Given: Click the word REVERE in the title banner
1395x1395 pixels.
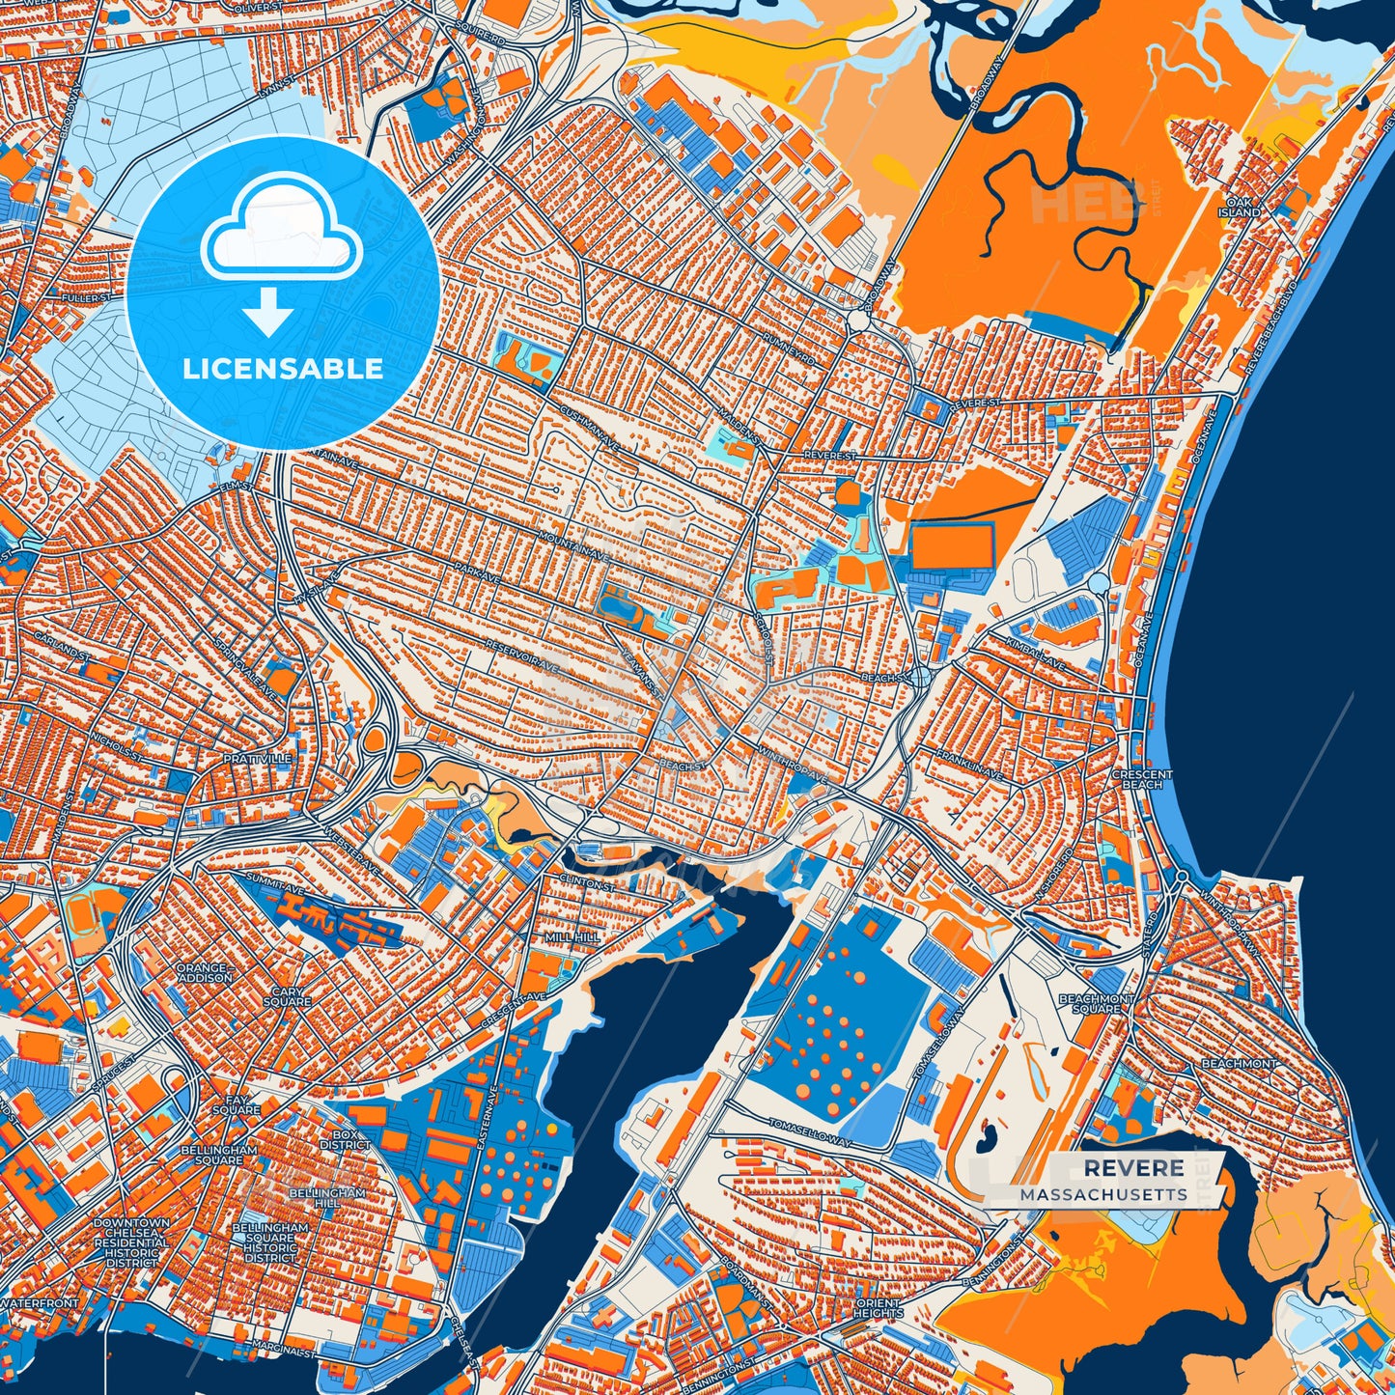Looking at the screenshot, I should click(x=1133, y=1168).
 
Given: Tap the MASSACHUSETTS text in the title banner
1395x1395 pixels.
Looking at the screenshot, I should click(x=1103, y=1194).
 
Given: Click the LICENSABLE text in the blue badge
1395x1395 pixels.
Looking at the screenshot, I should click(x=283, y=369).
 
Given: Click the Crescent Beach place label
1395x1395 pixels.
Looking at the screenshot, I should click(x=1142, y=779).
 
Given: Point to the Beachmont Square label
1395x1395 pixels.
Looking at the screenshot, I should click(x=1096, y=1004).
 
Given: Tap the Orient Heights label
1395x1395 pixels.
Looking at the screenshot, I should click(x=878, y=1308).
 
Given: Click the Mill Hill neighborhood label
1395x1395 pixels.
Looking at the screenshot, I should click(x=572, y=937).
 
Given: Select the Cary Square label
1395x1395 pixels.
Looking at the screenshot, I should click(x=287, y=997).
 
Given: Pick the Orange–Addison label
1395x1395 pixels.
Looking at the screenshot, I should click(x=204, y=972).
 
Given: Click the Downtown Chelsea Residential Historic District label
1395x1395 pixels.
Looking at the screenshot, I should click(x=131, y=1242).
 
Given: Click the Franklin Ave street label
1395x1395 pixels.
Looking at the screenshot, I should click(x=967, y=767).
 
